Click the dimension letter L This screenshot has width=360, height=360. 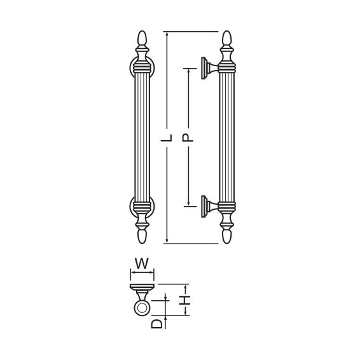(167, 137)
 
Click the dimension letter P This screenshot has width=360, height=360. (188, 137)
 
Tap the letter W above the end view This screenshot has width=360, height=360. (142, 263)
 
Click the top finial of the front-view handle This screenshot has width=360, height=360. (142, 38)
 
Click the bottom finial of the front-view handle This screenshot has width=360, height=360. (142, 236)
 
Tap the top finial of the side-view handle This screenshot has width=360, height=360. (227, 38)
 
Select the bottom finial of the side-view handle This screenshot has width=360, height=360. (227, 236)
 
